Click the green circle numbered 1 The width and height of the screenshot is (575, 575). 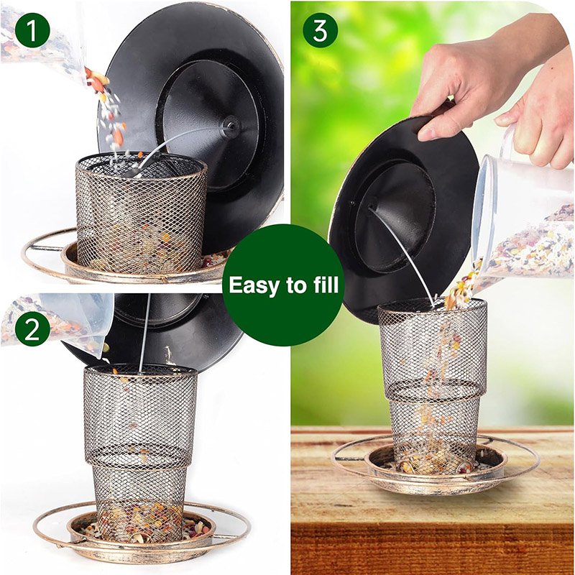(32, 30)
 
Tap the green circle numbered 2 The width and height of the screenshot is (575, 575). (32, 329)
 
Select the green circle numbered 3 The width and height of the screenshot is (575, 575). (320, 30)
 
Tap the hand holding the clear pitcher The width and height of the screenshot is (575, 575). (539, 121)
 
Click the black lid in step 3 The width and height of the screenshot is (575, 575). (403, 216)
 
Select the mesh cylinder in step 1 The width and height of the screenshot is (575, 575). (141, 213)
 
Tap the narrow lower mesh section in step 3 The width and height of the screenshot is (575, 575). (434, 433)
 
